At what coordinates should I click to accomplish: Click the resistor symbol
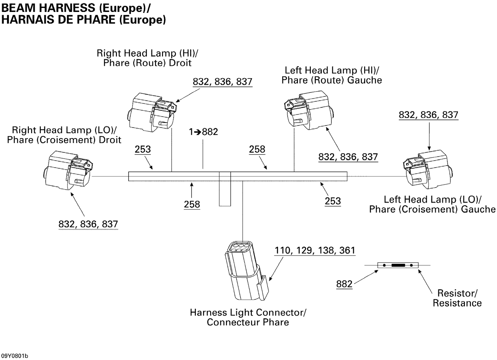point(398,265)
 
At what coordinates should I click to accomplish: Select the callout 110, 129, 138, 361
point(314,250)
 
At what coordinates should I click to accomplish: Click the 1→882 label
point(203,132)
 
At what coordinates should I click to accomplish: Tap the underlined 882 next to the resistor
point(344,284)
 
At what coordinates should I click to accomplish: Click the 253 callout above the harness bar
point(143,149)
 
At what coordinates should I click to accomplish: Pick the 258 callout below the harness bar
point(192,204)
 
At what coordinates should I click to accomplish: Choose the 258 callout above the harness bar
point(257,149)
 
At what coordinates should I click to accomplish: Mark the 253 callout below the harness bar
point(333,201)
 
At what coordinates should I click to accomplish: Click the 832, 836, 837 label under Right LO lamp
point(88,224)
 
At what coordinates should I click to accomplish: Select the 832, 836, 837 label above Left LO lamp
point(428,115)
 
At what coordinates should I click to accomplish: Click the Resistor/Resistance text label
point(457,298)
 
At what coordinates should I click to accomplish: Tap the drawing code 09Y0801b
point(14,356)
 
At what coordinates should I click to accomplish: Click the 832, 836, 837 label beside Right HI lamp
point(222,82)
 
